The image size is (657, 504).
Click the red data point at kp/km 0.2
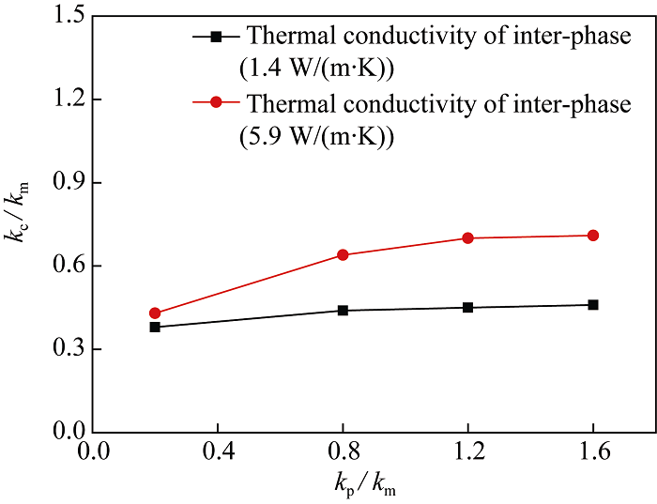click(x=155, y=313)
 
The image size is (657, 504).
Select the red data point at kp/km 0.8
click(x=343, y=254)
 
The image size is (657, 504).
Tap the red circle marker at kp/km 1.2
click(x=467, y=237)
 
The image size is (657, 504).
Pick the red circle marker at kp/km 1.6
click(x=593, y=235)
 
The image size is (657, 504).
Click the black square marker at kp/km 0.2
click(x=155, y=327)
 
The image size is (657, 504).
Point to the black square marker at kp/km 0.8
click(x=343, y=310)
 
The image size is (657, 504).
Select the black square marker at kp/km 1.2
click(x=467, y=307)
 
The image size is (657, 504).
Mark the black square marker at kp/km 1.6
click(x=593, y=304)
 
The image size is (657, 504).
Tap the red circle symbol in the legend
click(x=217, y=103)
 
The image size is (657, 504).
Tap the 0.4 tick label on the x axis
click(x=218, y=451)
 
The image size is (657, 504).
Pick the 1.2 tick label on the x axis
click(x=467, y=451)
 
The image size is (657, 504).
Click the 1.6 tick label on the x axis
click(x=593, y=451)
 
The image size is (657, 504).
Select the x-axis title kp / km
click(x=374, y=485)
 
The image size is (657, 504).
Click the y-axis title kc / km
click(x=21, y=223)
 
